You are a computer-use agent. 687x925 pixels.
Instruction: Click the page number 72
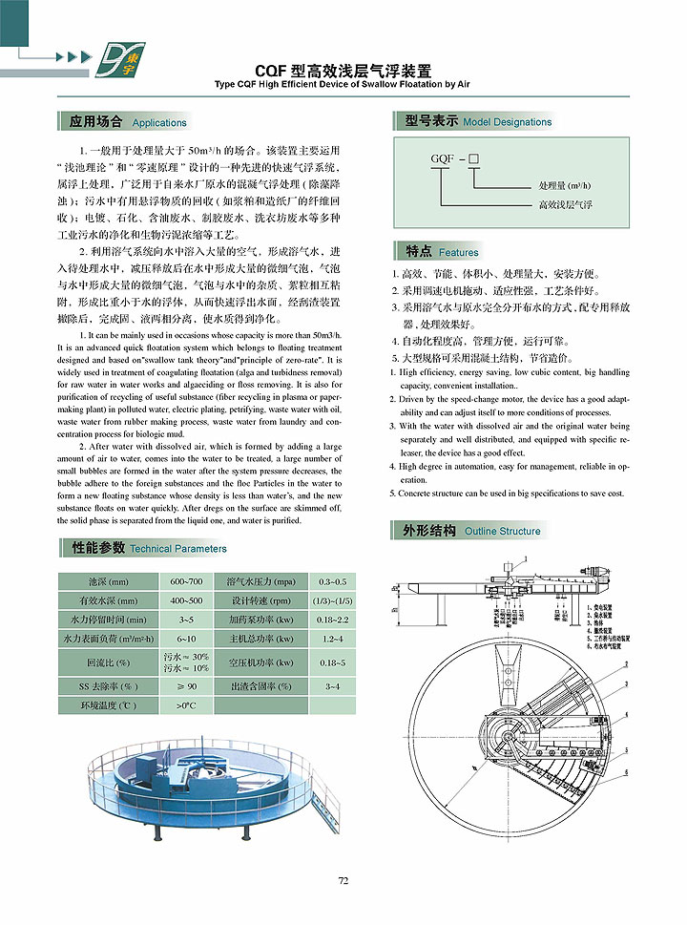tap(343, 880)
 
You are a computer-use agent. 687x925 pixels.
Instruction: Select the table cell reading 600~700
tap(186, 581)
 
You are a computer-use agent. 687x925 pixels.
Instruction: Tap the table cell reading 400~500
tap(186, 600)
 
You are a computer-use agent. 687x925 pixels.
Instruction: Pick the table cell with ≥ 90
tap(186, 686)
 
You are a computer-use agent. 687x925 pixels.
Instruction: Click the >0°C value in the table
tap(186, 705)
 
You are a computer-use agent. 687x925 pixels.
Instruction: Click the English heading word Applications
tap(159, 123)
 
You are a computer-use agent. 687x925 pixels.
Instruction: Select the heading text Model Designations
tap(507, 122)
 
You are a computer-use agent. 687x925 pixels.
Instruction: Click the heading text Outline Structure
tap(502, 531)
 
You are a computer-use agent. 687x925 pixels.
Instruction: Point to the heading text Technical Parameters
tap(178, 549)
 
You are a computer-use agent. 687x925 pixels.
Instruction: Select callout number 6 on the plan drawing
tap(626, 771)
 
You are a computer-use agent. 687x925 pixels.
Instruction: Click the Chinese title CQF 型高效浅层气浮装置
tap(343, 71)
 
